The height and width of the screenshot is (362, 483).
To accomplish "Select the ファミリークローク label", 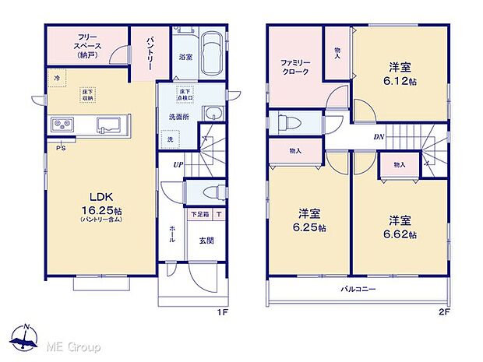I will [x=294, y=66].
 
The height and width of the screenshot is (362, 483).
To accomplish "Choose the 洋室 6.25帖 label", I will [x=310, y=220].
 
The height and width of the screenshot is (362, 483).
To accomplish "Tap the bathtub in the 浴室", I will [x=211, y=54].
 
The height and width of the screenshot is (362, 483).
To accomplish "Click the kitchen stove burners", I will [x=62, y=125].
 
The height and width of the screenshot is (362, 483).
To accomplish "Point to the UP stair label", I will [x=178, y=164].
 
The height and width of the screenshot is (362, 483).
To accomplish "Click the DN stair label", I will [x=379, y=138].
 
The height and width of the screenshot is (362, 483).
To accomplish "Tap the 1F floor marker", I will [x=221, y=313].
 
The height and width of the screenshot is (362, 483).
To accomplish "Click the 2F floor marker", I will [x=442, y=313].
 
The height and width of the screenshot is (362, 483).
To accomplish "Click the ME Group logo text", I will [x=75, y=346].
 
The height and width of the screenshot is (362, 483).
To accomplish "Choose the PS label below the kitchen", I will [x=60, y=146].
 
